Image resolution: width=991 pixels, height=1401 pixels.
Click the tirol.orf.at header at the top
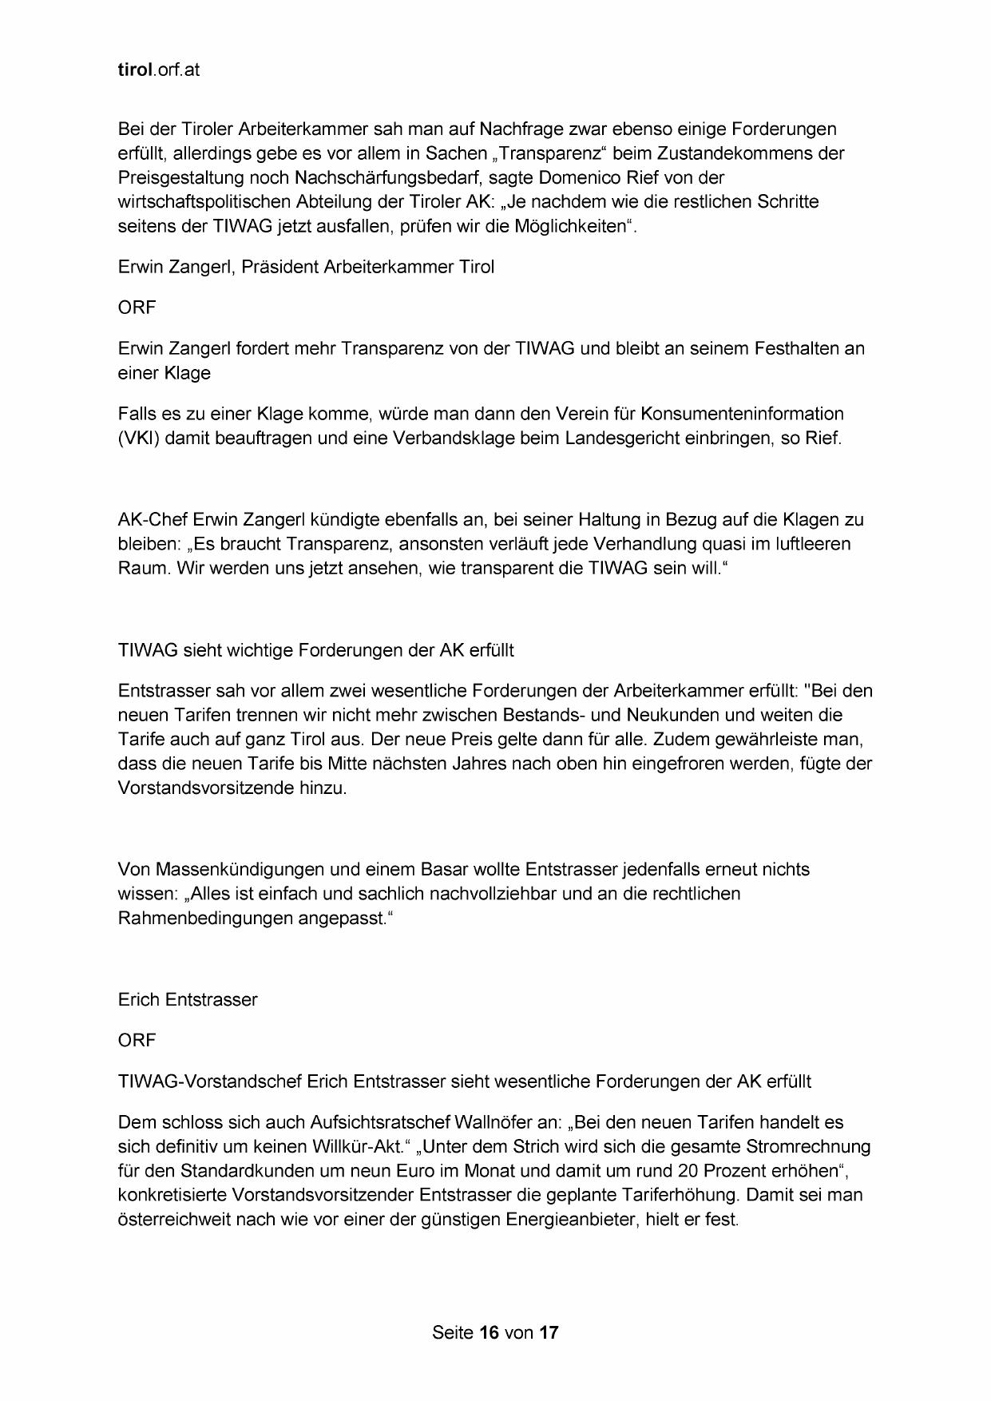(x=158, y=69)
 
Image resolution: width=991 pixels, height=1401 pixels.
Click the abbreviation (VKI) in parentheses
(x=139, y=439)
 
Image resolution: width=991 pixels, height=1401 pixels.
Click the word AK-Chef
(x=153, y=520)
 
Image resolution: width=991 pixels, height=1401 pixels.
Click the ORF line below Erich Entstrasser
(x=137, y=1040)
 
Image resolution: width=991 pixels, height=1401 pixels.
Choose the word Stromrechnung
(x=808, y=1147)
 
